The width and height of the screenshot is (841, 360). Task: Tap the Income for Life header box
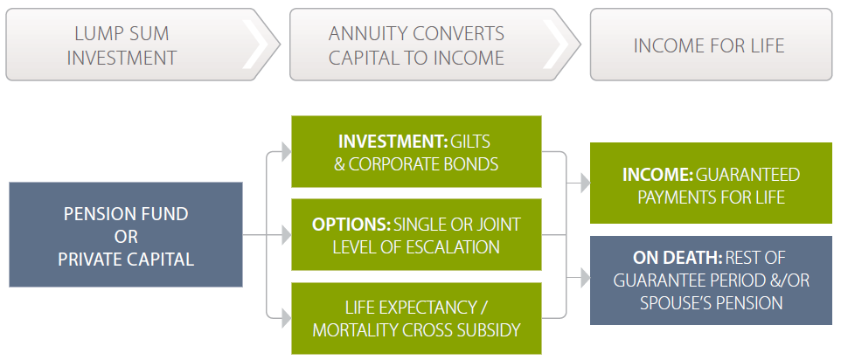click(710, 45)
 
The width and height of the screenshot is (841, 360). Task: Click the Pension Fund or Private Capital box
click(126, 235)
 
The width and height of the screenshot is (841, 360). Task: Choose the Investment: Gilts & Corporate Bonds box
click(416, 151)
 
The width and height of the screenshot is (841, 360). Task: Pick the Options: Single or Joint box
click(416, 235)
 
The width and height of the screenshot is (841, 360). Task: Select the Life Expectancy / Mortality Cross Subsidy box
click(416, 319)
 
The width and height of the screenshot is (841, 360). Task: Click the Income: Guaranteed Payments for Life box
click(711, 186)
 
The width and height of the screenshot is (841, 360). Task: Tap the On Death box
click(711, 280)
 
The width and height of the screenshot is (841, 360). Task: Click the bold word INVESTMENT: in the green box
click(392, 141)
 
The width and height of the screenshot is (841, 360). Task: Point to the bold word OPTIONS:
click(351, 225)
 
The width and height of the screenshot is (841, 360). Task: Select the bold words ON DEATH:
click(677, 259)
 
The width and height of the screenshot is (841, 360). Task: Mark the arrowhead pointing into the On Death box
click(583, 280)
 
